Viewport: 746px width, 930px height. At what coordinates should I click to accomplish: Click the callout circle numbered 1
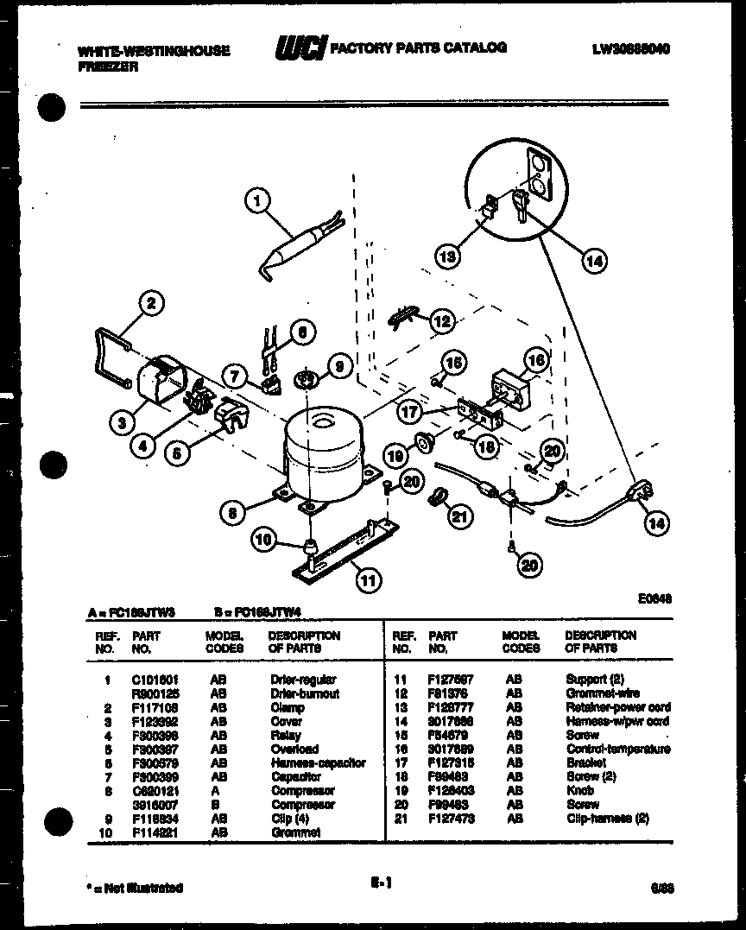[x=256, y=202]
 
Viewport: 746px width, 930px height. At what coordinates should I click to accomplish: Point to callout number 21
[x=459, y=516]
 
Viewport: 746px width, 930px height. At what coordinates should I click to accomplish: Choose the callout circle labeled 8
[x=231, y=513]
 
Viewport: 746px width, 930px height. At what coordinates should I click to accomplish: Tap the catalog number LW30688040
[x=630, y=49]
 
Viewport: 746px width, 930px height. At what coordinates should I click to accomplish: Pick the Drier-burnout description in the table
[x=304, y=693]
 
